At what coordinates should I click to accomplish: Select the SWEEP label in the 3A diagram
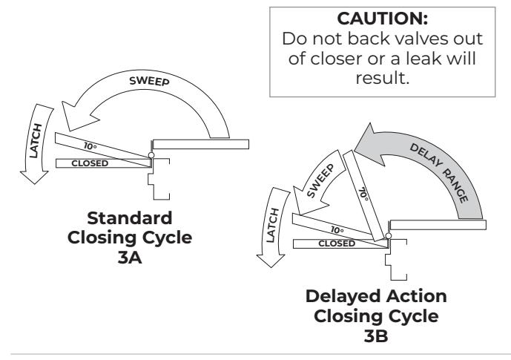(149, 81)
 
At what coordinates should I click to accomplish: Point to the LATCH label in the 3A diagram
(36, 141)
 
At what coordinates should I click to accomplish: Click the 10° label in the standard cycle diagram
(90, 146)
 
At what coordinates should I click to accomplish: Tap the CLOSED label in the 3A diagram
(90, 163)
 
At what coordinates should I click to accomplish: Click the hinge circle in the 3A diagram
(151, 155)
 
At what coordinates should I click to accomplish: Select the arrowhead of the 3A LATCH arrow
(34, 177)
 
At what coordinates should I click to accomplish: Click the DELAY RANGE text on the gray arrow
(439, 173)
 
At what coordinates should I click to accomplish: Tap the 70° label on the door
(364, 194)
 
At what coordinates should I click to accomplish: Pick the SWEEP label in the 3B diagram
(320, 180)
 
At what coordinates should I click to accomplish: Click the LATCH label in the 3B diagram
(273, 225)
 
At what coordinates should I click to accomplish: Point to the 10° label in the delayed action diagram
(337, 230)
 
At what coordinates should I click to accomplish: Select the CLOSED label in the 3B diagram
(337, 243)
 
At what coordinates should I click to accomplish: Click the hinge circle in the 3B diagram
(389, 236)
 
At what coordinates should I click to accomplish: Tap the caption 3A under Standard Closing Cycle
(130, 258)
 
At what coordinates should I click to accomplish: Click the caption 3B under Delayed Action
(376, 336)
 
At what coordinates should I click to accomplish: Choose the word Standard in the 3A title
(130, 217)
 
